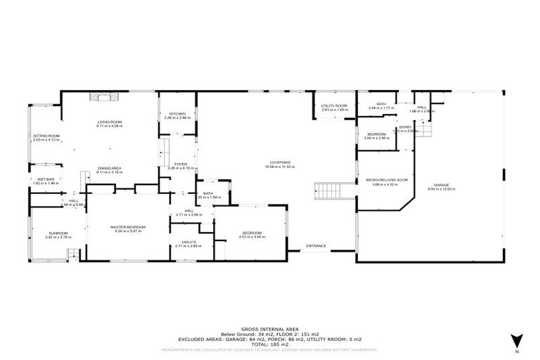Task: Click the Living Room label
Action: (x=110, y=122)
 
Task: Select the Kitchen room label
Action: (x=176, y=114)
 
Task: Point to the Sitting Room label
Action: (x=46, y=136)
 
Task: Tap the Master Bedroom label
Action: (x=128, y=227)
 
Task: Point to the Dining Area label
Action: (x=110, y=169)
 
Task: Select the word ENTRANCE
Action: (x=316, y=245)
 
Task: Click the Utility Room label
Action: (x=335, y=107)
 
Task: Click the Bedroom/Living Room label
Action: (x=387, y=180)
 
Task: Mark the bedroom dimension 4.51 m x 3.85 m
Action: (x=251, y=237)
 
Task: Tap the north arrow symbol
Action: (x=516, y=340)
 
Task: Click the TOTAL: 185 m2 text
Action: (x=271, y=343)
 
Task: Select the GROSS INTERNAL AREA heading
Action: (x=271, y=328)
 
